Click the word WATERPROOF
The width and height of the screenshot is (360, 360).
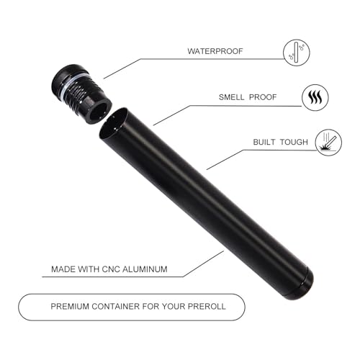pos(215,51)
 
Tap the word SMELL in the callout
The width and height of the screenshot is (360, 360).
pos(231,97)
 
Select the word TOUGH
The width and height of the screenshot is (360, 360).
pos(294,142)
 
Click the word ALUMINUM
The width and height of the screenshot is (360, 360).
pos(145,269)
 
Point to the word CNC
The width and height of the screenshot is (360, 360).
pos(111,269)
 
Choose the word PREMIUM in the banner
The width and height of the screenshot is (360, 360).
pos(70,307)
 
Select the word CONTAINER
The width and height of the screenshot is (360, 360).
pos(116,307)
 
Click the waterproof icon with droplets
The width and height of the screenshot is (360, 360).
pos(297,53)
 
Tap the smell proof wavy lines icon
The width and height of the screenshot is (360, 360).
pos(315,97)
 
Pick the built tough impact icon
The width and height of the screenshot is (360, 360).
pos(328,143)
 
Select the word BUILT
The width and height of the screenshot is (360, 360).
pos(264,142)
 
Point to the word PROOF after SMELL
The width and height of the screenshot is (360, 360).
pos(263,97)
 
